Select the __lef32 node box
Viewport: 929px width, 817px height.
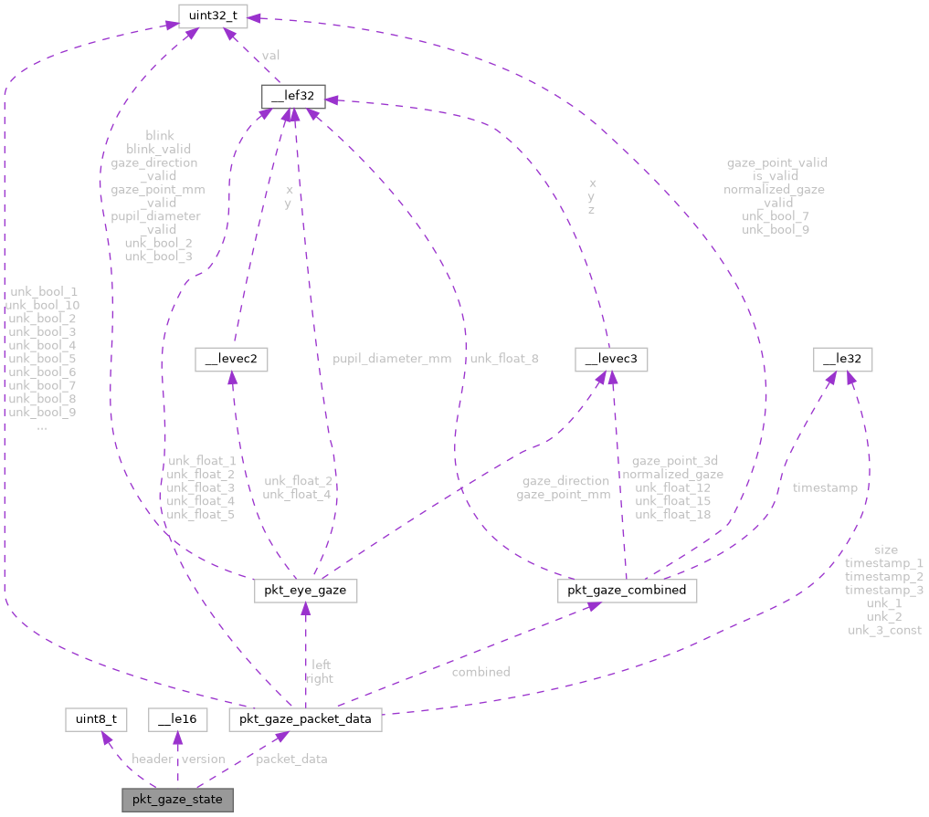288,96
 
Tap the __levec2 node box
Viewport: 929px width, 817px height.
230,360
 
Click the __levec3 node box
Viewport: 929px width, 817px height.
610,360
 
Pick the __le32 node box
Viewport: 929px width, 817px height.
843,360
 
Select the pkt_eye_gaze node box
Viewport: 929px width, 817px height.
304,592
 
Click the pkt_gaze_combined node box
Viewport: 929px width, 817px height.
627,592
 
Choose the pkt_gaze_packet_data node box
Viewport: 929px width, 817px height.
305,719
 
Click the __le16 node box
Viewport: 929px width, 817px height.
177,719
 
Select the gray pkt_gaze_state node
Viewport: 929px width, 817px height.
177,800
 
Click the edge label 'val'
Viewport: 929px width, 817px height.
271,56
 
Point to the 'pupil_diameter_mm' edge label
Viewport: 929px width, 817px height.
393,359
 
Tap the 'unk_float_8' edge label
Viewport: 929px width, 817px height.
504,359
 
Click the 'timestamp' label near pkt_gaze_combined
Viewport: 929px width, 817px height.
825,487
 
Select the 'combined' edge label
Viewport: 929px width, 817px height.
480,672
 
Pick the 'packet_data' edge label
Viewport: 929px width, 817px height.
291,759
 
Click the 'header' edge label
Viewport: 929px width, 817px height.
153,759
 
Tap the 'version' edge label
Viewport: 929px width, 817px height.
203,759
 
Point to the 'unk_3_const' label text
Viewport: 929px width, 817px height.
884,630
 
